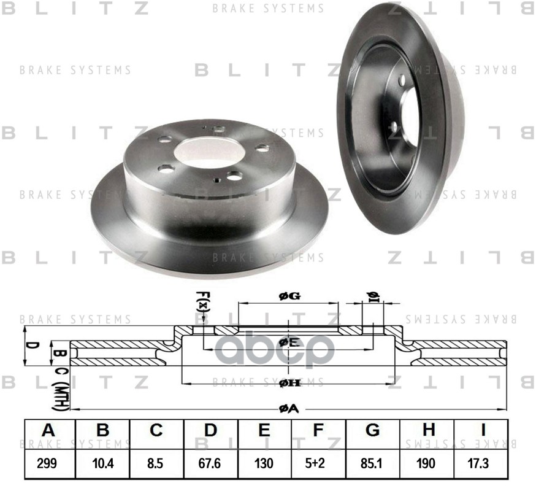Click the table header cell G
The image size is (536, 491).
[372, 431]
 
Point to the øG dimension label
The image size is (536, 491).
[288, 296]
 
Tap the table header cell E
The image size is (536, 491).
[264, 431]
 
